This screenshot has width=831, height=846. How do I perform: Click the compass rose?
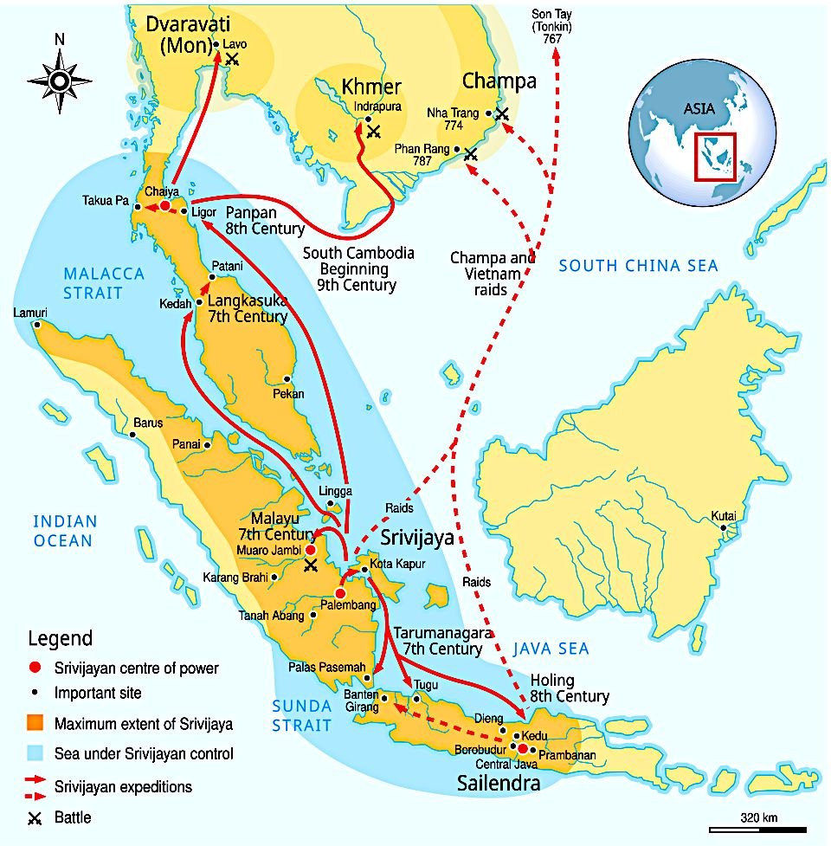[59, 81]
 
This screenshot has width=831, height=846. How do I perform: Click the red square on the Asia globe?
[715, 156]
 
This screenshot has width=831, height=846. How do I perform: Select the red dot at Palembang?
[340, 593]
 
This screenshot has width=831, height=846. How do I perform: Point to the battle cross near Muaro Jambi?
[311, 565]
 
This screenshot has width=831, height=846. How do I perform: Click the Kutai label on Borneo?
[723, 516]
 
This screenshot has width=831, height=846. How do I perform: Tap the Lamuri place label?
[30, 313]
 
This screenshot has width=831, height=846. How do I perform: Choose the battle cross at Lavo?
[232, 59]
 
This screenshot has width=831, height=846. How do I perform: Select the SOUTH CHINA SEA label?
[638, 266]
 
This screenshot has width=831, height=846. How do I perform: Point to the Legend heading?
[60, 640]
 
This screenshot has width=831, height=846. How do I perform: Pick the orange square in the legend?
[35, 724]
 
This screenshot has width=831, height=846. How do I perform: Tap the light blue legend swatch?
[35, 754]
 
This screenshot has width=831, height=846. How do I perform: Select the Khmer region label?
[371, 87]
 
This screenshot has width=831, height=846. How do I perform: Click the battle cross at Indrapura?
[373, 132]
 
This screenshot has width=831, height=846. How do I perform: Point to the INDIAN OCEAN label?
[65, 531]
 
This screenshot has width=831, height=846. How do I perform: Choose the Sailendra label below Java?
[499, 784]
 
